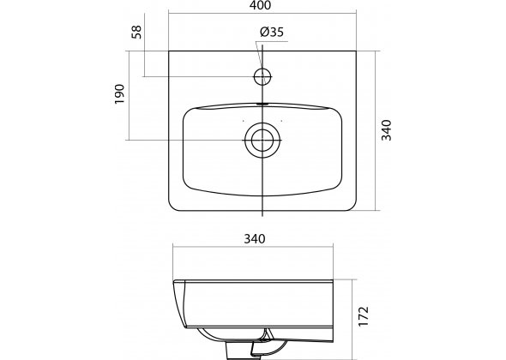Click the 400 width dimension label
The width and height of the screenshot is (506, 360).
pyautogui.click(x=262, y=5)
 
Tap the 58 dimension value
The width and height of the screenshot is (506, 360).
pyautogui.click(x=137, y=32)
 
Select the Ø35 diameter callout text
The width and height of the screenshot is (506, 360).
pyautogui.click(x=272, y=32)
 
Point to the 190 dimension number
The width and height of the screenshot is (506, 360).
pyautogui.click(x=119, y=94)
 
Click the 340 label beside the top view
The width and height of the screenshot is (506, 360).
pyautogui.click(x=386, y=130)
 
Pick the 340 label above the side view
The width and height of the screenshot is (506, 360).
pyautogui.click(x=255, y=239)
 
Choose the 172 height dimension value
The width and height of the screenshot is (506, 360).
pyautogui.click(x=364, y=316)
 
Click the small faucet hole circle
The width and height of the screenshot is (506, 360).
pyautogui.click(x=262, y=77)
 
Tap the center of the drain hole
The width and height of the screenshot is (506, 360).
pyautogui.click(x=262, y=140)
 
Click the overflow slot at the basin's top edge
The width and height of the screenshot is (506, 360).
pyautogui.click(x=262, y=105)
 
